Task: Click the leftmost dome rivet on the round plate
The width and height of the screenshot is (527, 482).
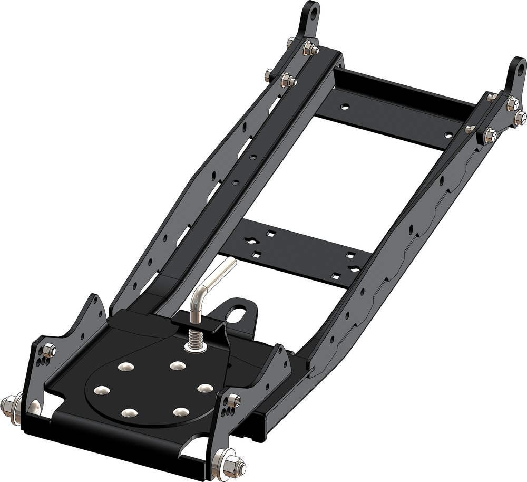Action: coord(100,391)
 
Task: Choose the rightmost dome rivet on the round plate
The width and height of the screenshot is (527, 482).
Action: coord(204,388)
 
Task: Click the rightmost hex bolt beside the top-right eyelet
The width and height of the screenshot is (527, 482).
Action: coord(521,115)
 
